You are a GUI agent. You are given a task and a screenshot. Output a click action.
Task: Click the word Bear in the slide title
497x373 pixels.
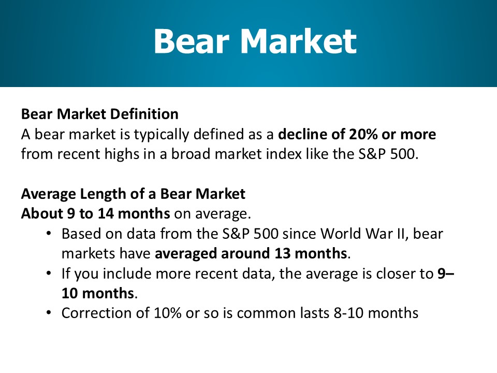point(192,41)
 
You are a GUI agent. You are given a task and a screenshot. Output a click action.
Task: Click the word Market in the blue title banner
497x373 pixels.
point(299,41)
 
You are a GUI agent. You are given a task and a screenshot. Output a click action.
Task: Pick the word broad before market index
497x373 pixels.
point(191,154)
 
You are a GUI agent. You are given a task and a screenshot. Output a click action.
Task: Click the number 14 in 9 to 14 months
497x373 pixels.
point(106,213)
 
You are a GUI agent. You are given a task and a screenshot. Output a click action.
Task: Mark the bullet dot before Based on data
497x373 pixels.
point(49,234)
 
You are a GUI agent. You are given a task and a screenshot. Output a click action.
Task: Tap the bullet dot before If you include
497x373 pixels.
point(49,273)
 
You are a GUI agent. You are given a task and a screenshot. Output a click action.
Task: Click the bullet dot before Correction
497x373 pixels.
point(49,313)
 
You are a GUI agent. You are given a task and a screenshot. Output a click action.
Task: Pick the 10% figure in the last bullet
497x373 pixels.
point(168,313)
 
